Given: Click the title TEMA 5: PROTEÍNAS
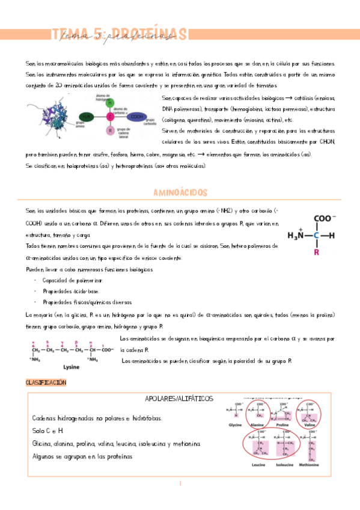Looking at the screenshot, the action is click(x=119, y=35).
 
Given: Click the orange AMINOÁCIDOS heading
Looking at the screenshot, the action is click(x=180, y=192).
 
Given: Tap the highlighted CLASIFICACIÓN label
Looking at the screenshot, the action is click(x=46, y=382).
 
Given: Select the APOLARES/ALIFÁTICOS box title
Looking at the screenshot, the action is click(x=179, y=399).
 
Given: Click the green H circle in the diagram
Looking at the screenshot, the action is click(x=109, y=103).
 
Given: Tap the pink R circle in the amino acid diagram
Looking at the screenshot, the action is click(x=109, y=130).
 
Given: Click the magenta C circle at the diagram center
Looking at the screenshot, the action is click(x=109, y=117).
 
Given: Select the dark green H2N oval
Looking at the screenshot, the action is click(x=87, y=117).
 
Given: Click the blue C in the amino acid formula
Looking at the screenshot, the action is click(x=317, y=236).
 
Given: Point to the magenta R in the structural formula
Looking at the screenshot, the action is click(x=317, y=253).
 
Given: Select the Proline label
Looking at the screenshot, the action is click(x=282, y=424).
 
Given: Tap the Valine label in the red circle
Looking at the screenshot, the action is click(x=310, y=424).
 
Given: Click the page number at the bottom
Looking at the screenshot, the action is click(x=180, y=483).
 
